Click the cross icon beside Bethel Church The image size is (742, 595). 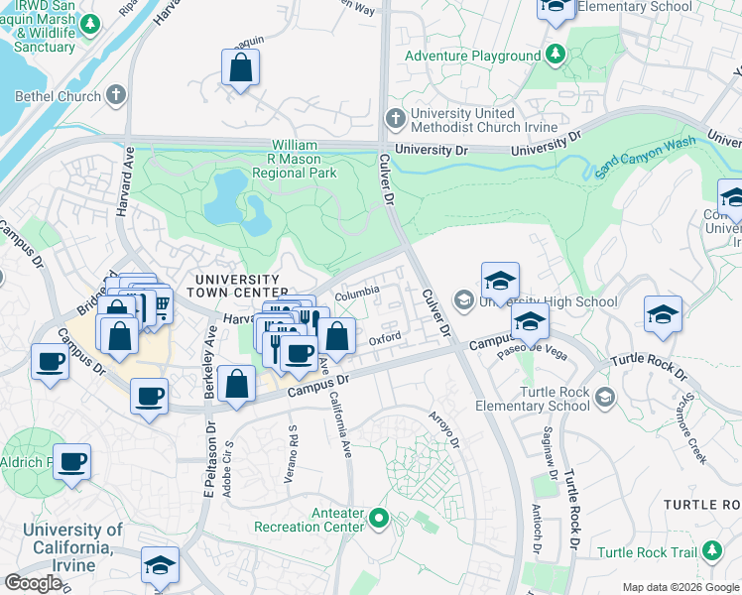117,96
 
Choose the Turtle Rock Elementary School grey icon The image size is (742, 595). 605,398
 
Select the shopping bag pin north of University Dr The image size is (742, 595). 240,67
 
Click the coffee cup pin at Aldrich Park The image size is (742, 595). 71,461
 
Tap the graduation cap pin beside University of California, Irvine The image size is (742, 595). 160,564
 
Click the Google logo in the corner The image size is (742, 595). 33,583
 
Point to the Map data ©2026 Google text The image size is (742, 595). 680,587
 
